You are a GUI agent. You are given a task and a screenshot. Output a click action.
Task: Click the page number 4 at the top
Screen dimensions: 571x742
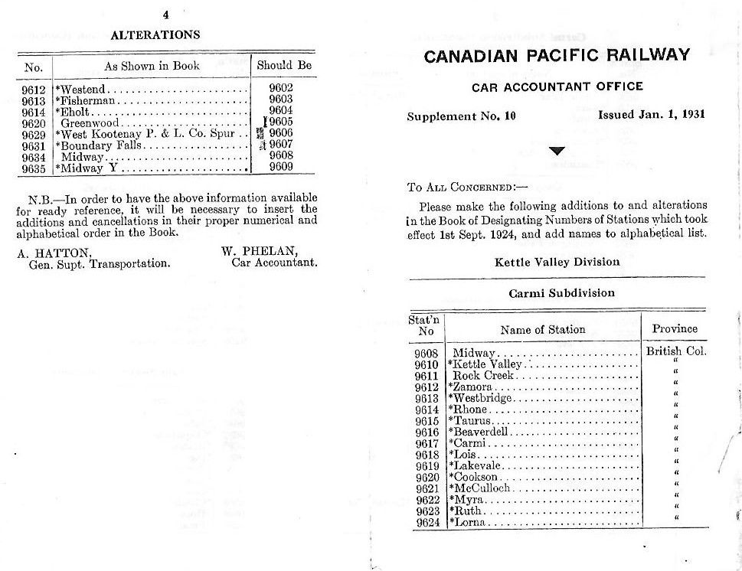165,14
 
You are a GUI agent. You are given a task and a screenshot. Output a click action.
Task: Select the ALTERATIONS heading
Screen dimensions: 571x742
155,34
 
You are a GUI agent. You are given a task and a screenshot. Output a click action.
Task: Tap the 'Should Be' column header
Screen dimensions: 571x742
284,66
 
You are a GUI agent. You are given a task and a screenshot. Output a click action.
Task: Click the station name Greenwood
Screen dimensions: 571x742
90,122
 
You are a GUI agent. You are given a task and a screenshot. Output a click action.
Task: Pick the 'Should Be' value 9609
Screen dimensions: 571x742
281,167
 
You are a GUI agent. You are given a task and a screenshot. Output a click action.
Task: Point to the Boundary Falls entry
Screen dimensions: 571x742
99,145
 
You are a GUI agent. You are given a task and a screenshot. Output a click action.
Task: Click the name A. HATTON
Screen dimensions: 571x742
54,252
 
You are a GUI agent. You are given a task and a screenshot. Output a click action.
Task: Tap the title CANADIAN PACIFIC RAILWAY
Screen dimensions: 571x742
557,55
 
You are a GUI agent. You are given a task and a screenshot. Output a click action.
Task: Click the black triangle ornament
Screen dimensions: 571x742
557,151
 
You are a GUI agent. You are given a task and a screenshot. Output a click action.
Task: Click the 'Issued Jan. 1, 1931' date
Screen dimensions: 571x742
651,116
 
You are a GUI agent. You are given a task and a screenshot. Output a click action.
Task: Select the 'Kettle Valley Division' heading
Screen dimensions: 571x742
557,262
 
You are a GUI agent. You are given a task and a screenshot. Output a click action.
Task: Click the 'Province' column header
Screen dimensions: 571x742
675,329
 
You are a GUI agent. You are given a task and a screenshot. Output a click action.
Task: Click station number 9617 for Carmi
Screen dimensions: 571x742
427,443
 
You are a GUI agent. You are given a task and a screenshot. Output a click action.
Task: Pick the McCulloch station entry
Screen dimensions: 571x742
480,488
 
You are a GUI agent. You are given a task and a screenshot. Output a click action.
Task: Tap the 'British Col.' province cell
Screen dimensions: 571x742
675,352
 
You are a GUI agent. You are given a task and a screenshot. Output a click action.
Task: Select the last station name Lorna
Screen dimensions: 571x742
467,522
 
